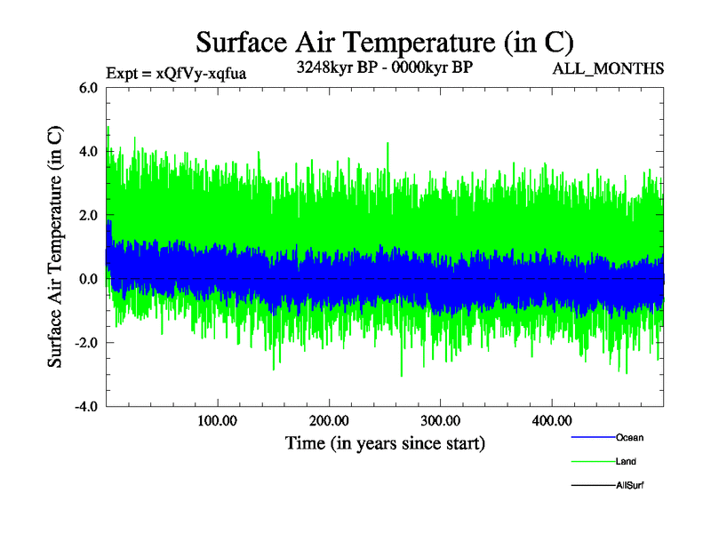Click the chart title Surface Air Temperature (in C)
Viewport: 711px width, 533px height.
(x=384, y=42)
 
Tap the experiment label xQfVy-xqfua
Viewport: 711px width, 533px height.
(x=175, y=73)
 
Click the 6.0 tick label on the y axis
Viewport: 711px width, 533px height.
(x=90, y=88)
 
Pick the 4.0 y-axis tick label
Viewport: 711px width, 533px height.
(x=90, y=152)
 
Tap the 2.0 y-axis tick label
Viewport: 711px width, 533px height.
(x=90, y=216)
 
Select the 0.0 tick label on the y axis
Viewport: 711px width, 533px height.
(x=90, y=280)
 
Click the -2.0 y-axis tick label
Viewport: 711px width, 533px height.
(x=87, y=344)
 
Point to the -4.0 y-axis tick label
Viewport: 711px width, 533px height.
(x=87, y=408)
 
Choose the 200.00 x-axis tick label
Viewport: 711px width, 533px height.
(x=329, y=421)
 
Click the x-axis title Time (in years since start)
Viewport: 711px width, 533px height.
(x=385, y=442)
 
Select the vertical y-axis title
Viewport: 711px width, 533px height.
(x=55, y=247)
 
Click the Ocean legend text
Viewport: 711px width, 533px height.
(x=629, y=438)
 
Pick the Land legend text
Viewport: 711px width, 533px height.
(x=626, y=462)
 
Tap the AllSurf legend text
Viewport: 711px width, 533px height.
(x=629, y=486)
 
